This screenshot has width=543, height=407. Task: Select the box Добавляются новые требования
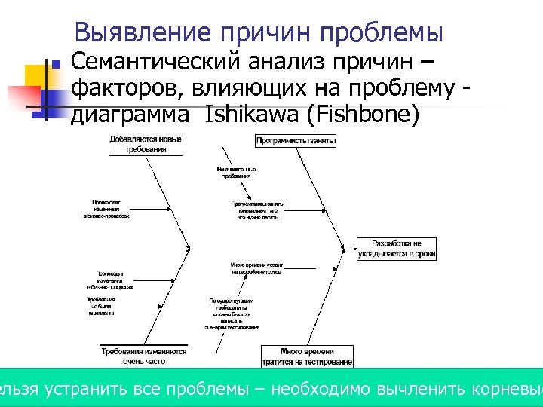pyautogui.click(x=146, y=144)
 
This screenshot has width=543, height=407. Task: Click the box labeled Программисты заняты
pyautogui.click(x=296, y=141)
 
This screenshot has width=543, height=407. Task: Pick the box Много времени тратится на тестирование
pyautogui.click(x=307, y=356)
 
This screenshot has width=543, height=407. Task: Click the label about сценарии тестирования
pyautogui.click(x=232, y=314)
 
